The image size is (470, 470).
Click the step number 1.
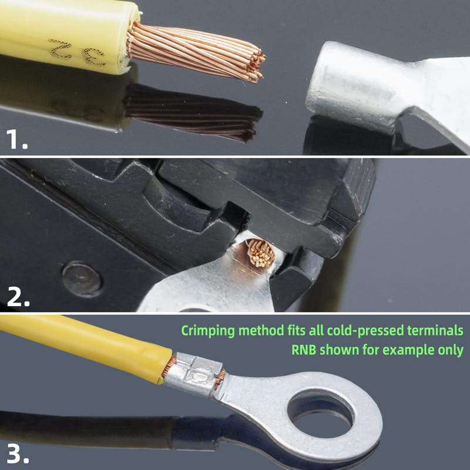click(x=17, y=139)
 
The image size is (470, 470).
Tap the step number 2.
click(x=18, y=297)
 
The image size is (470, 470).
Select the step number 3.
click(x=18, y=454)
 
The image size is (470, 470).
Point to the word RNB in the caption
click(x=304, y=350)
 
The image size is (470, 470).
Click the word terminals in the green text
click(x=435, y=330)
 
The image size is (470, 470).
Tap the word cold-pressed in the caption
click(x=365, y=331)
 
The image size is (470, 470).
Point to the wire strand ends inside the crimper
click(x=260, y=253)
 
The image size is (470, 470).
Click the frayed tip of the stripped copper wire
click(x=256, y=65)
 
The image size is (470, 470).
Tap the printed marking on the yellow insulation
click(x=77, y=52)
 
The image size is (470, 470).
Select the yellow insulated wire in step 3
click(x=85, y=348)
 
